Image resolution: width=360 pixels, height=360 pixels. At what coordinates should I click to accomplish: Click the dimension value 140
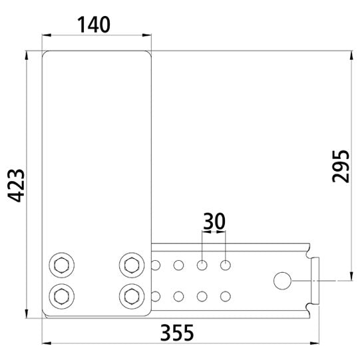click(x=94, y=25)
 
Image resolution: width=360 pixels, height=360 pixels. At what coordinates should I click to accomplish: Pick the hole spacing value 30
click(x=214, y=222)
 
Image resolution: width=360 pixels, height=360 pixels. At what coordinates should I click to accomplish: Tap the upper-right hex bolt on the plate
click(x=131, y=265)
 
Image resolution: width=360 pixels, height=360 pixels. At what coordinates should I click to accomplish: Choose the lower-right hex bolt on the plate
click(x=131, y=295)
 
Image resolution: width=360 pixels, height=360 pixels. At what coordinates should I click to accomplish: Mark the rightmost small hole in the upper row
click(x=226, y=266)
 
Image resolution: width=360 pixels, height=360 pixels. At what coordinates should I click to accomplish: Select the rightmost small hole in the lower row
click(x=226, y=295)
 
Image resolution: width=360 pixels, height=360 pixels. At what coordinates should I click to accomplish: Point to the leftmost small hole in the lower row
click(x=156, y=295)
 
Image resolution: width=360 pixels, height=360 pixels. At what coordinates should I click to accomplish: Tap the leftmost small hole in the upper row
click(x=156, y=266)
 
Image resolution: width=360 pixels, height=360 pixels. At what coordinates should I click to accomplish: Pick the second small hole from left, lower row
click(x=179, y=295)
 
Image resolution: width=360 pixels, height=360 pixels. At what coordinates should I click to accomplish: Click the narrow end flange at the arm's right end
click(x=315, y=281)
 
